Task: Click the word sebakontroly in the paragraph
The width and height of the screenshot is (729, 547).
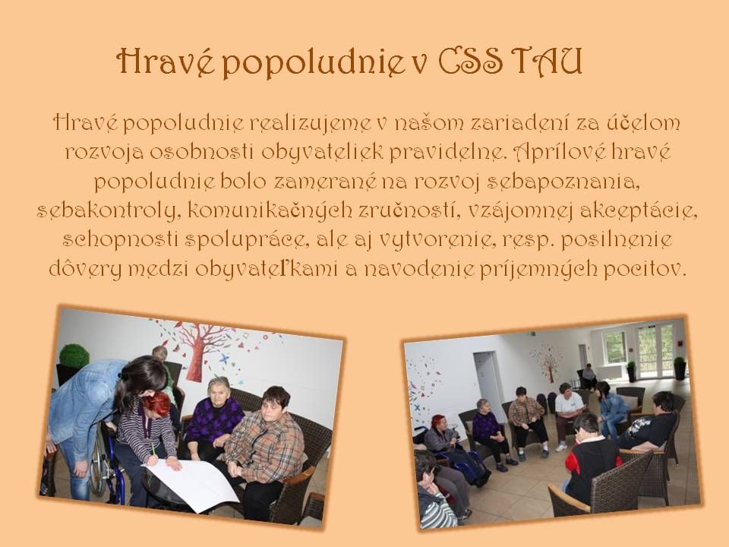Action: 106,210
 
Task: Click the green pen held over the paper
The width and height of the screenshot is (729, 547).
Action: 153,451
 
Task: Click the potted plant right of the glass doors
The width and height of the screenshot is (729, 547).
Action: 679,368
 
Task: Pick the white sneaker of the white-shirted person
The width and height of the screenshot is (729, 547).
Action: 560,447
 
